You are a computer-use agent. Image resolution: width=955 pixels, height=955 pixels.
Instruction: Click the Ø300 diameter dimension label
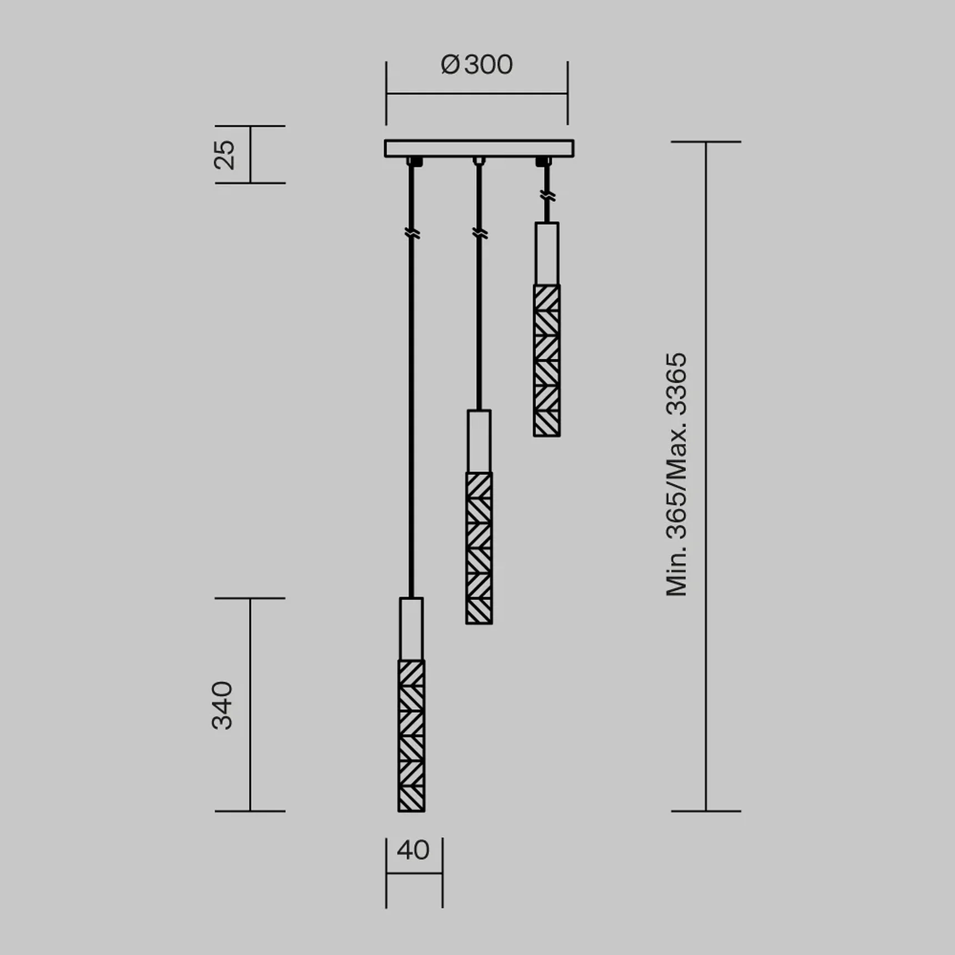[x=476, y=65]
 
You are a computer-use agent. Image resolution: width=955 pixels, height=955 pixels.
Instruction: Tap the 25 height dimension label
[x=224, y=154]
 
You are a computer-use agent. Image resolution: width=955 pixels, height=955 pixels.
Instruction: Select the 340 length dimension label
[x=222, y=705]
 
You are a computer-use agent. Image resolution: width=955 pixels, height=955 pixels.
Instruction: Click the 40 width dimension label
[x=413, y=850]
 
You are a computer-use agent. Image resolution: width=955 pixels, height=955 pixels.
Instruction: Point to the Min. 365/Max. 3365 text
[x=676, y=475]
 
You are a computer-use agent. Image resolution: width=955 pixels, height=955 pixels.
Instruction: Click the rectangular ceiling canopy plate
[x=479, y=148]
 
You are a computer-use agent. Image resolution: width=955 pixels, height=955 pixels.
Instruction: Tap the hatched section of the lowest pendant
[x=411, y=736]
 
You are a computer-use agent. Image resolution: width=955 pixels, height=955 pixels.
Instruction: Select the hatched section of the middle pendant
[x=479, y=548]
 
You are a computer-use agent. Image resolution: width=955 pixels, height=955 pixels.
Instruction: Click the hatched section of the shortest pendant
[x=546, y=360]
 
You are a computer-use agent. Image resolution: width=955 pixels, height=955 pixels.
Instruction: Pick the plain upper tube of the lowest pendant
[x=411, y=629]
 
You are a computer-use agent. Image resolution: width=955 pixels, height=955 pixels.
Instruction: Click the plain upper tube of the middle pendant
[x=479, y=441]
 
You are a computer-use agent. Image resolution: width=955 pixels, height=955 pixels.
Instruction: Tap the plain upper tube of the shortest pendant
[x=546, y=253]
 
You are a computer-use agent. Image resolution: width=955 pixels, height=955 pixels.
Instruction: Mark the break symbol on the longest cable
[x=411, y=233]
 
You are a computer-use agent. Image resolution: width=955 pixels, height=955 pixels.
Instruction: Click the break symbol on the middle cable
[x=479, y=233]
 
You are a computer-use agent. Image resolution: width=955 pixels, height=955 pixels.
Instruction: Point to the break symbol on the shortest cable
[x=547, y=195]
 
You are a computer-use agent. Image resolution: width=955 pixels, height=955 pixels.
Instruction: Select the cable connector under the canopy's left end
[x=414, y=162]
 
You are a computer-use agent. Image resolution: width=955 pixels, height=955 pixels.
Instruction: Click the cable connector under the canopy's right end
[x=543, y=162]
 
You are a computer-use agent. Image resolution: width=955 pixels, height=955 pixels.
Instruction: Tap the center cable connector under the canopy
[x=479, y=161]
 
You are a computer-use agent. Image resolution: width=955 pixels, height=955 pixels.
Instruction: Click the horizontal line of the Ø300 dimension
[x=476, y=93]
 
